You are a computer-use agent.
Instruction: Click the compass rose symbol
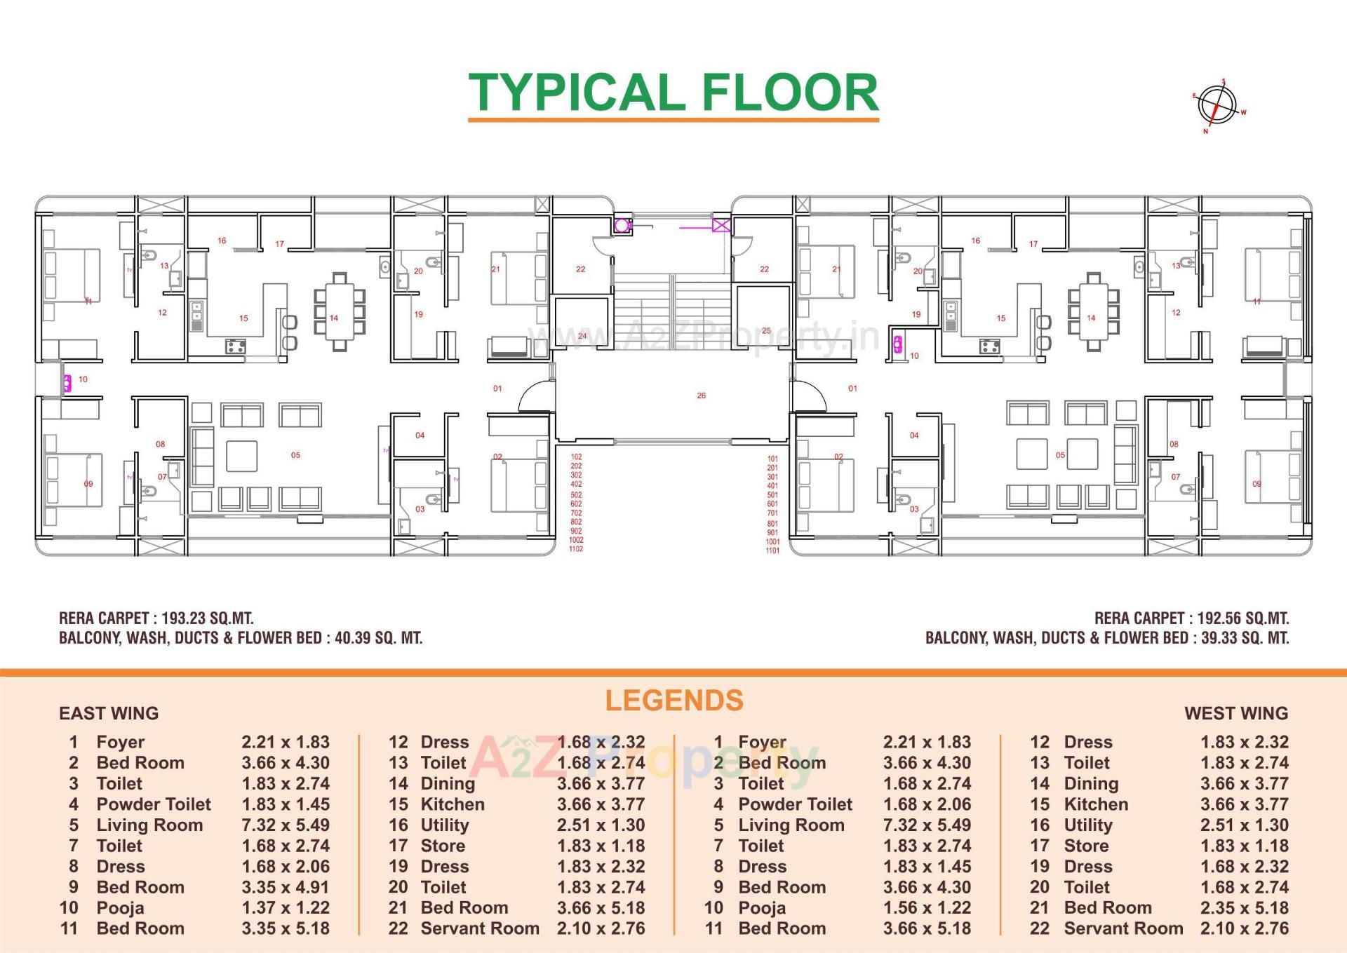coord(1219,105)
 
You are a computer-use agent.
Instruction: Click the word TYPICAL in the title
coord(574,93)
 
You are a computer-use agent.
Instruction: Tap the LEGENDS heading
coord(673,701)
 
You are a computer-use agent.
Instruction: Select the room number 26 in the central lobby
coord(701,396)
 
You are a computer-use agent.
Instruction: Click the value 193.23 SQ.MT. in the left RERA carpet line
coord(207,619)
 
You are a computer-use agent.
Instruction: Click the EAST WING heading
coord(109,713)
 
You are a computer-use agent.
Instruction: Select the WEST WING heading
coord(1235,713)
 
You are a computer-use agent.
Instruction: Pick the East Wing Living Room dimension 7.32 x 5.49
coord(286,825)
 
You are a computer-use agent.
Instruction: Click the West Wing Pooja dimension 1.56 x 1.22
coord(927,908)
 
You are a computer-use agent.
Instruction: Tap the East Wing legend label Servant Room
coord(480,928)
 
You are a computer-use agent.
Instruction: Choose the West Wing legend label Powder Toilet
coord(795,804)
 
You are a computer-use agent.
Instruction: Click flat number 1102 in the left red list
coord(576,549)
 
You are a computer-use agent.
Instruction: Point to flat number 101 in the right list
coord(772,459)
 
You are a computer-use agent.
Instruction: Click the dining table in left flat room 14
coord(340,311)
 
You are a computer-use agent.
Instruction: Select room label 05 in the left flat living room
coord(295,455)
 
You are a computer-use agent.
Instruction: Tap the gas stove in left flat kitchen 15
coord(235,346)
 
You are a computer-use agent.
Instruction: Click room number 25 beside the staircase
coord(766,330)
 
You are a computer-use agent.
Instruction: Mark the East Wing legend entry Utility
coord(444,825)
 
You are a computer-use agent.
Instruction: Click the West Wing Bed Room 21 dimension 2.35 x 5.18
coord(1244,908)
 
